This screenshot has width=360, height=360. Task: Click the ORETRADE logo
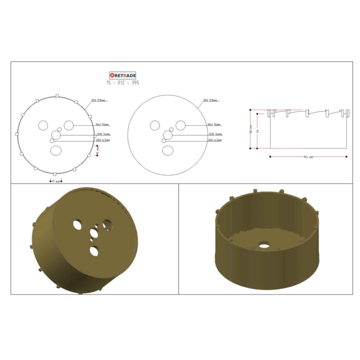pyautogui.click(x=122, y=75)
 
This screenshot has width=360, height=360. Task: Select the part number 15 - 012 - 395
pyautogui.click(x=122, y=82)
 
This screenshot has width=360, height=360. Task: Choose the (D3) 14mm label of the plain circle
pyautogui.click(x=215, y=134)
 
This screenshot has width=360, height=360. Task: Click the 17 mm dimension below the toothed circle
pyautogui.click(x=56, y=181)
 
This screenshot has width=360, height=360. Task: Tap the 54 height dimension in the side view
pyautogui.click(x=258, y=131)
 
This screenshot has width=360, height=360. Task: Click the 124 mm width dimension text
pyautogui.click(x=308, y=157)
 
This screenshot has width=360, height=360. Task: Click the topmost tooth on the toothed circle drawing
pyautogui.click(x=57, y=95)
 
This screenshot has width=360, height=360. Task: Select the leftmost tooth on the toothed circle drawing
pyautogui.click(x=17, y=134)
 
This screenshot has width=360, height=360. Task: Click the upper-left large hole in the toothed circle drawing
pyautogui.click(x=43, y=124)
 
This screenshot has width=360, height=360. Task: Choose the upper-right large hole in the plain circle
pyautogui.click(x=180, y=125)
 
